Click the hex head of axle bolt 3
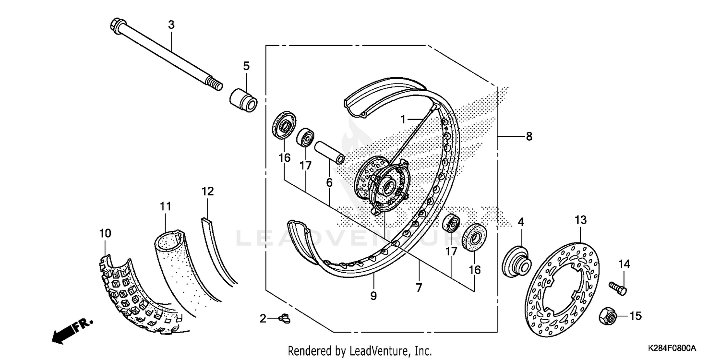pyautogui.click(x=116, y=24)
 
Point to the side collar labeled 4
pyautogui.click(x=516, y=262)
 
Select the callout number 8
pyautogui.click(x=528, y=136)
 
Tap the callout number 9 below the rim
pyautogui.click(x=373, y=296)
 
